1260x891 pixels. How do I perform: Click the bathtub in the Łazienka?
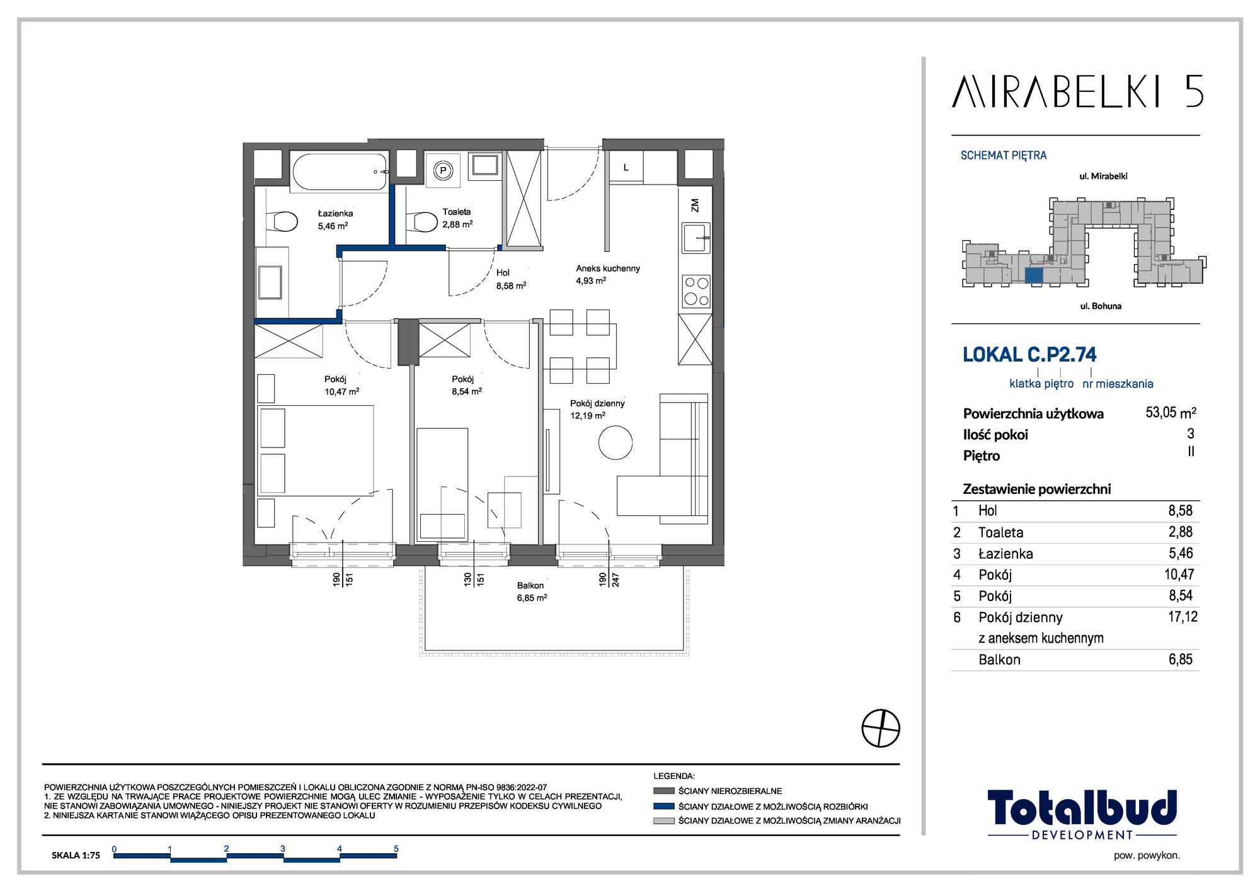pyautogui.click(x=340, y=171)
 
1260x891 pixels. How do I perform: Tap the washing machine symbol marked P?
pyautogui.click(x=443, y=170)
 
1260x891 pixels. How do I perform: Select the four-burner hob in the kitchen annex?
pyautogui.click(x=696, y=291)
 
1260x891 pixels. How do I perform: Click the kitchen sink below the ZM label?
pyautogui.click(x=696, y=238)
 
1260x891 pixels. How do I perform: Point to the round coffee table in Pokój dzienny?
pyautogui.click(x=615, y=442)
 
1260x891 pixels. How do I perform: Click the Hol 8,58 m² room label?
pyautogui.click(x=511, y=279)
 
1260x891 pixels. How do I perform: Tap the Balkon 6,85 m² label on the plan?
pyautogui.click(x=532, y=592)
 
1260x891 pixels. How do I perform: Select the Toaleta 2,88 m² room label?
pyautogui.click(x=457, y=218)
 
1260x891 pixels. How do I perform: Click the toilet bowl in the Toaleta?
pyautogui.click(x=423, y=222)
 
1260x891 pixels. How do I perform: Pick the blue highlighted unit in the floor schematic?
pyautogui.click(x=1033, y=275)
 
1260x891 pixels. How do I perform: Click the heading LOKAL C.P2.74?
pyautogui.click(x=1029, y=355)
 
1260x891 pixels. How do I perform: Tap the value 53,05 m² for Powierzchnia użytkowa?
pyautogui.click(x=1171, y=413)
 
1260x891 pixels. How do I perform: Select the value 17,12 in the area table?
pyautogui.click(x=1183, y=617)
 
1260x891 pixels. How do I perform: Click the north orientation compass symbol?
pyautogui.click(x=881, y=728)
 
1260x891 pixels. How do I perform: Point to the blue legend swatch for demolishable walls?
pyautogui.click(x=664, y=806)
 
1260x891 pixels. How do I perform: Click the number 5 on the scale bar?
pyautogui.click(x=396, y=849)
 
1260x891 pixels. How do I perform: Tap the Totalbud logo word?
pyautogui.click(x=1082, y=808)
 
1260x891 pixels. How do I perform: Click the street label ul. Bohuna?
pyautogui.click(x=1101, y=306)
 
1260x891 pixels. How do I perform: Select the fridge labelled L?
pyautogui.click(x=626, y=168)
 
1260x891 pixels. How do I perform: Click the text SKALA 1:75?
pyautogui.click(x=76, y=855)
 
